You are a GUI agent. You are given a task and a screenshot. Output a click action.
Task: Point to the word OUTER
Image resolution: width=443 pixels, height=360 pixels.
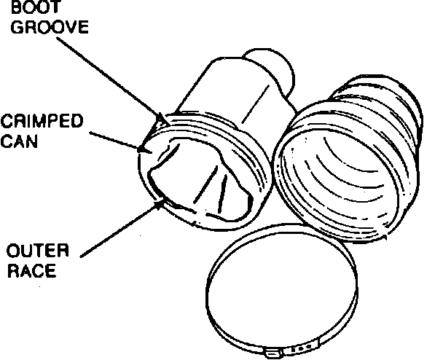click(x=37, y=252)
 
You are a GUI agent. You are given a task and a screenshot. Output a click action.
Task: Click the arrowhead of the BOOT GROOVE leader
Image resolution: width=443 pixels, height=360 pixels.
click(x=160, y=117)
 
